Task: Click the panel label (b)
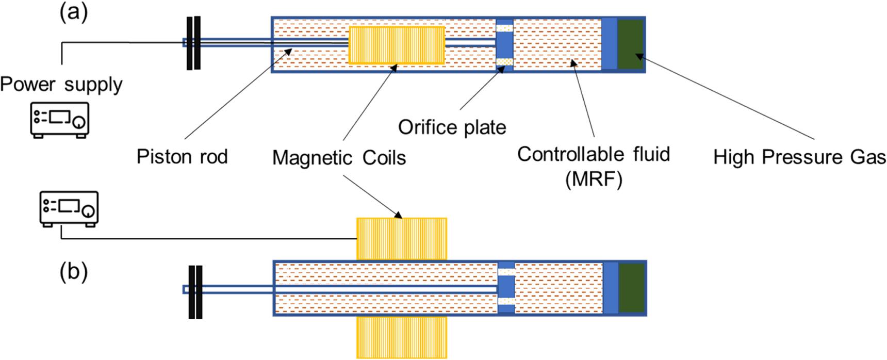(x=74, y=272)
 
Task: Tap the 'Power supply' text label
(x=61, y=84)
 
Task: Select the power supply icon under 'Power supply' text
(x=59, y=120)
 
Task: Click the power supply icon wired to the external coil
(x=69, y=209)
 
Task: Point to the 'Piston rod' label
(x=182, y=157)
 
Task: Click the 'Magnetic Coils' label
(x=339, y=158)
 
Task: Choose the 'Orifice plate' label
(x=452, y=127)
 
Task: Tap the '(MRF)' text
(x=594, y=179)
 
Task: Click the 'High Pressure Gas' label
(x=799, y=157)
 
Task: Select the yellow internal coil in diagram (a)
(x=397, y=45)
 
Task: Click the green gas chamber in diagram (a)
(x=630, y=44)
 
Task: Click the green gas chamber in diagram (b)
(x=631, y=288)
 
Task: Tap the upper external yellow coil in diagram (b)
(x=401, y=238)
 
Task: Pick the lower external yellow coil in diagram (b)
(x=401, y=337)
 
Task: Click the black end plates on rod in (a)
(x=193, y=43)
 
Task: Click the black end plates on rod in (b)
(x=195, y=292)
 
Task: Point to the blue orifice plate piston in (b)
(x=506, y=287)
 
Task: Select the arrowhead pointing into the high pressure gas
(x=639, y=57)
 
